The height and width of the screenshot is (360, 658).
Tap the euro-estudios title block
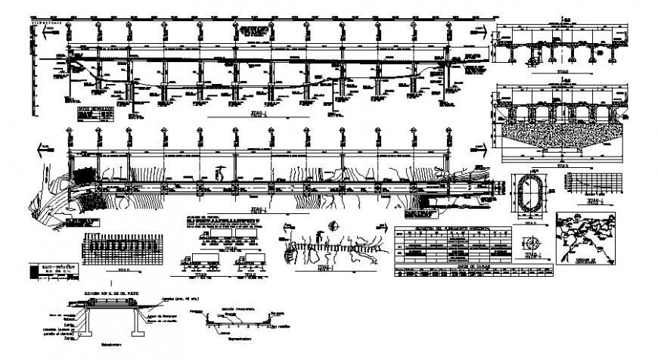pyautogui.click(x=50, y=269)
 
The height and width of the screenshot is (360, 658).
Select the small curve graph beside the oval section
pyautogui.click(x=593, y=185)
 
